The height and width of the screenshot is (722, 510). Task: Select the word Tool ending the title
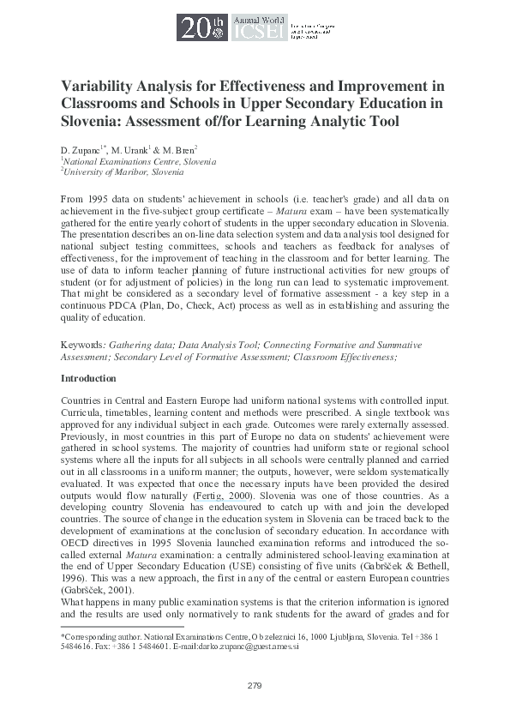pyautogui.click(x=381, y=122)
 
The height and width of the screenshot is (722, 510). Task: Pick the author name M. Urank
pyautogui.click(x=126, y=149)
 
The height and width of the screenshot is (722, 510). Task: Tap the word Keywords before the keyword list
pyautogui.click(x=81, y=345)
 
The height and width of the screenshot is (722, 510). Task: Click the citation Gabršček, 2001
pyautogui.click(x=97, y=592)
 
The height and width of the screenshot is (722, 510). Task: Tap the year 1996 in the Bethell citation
pyautogui.click(x=74, y=568)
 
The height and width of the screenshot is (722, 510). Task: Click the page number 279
pyautogui.click(x=255, y=685)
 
